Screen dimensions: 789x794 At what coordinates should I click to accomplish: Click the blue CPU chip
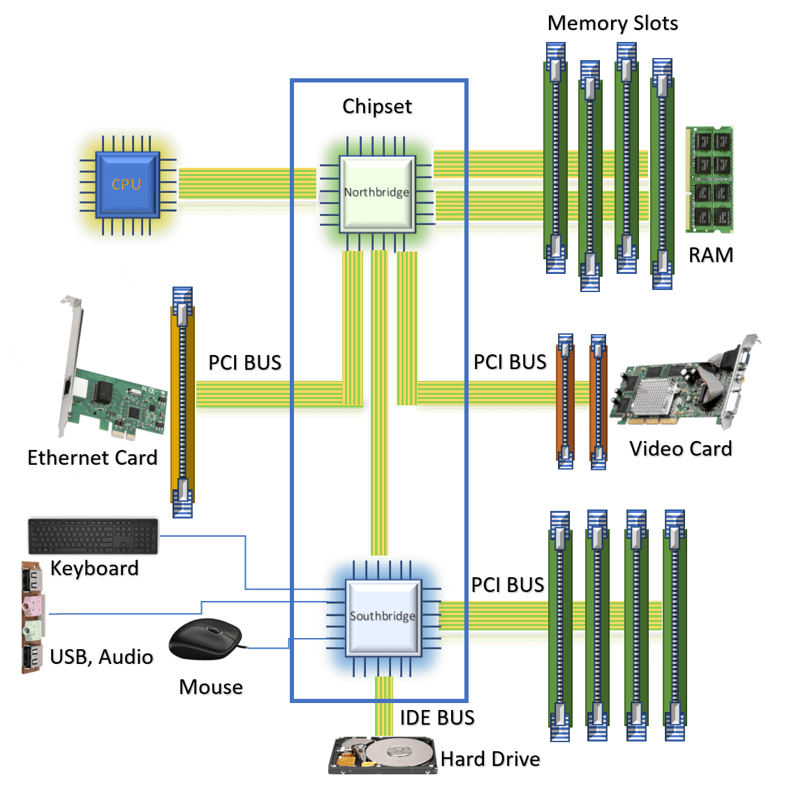pyautogui.click(x=126, y=184)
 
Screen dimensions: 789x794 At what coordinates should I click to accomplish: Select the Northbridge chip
pyautogui.click(x=376, y=192)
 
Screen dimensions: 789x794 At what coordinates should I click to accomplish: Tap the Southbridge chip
pyautogui.click(x=383, y=616)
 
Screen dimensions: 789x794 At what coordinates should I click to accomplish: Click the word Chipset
pyautogui.click(x=378, y=107)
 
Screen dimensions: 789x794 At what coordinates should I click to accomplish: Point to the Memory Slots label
pyautogui.click(x=613, y=23)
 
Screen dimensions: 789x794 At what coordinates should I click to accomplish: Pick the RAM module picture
pyautogui.click(x=710, y=180)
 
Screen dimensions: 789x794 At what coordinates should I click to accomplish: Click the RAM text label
pyautogui.click(x=712, y=256)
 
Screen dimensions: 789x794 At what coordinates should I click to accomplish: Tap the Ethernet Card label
pyautogui.click(x=93, y=458)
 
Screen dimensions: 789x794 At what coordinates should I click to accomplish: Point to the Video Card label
pyautogui.click(x=681, y=449)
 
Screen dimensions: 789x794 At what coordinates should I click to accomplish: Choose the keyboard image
pyautogui.click(x=94, y=536)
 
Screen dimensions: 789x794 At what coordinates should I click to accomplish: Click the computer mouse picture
pyautogui.click(x=207, y=636)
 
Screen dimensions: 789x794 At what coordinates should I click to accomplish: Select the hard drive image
pyautogui.click(x=383, y=755)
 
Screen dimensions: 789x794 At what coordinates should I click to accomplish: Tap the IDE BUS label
pyautogui.click(x=438, y=718)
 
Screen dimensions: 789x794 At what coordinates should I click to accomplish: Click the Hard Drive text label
pyautogui.click(x=491, y=760)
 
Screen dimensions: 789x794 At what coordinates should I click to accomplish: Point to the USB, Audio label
pyautogui.click(x=102, y=657)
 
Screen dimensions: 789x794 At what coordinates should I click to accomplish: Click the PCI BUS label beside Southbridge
pyautogui.click(x=508, y=586)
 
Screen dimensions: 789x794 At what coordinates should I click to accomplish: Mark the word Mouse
pyautogui.click(x=212, y=688)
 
